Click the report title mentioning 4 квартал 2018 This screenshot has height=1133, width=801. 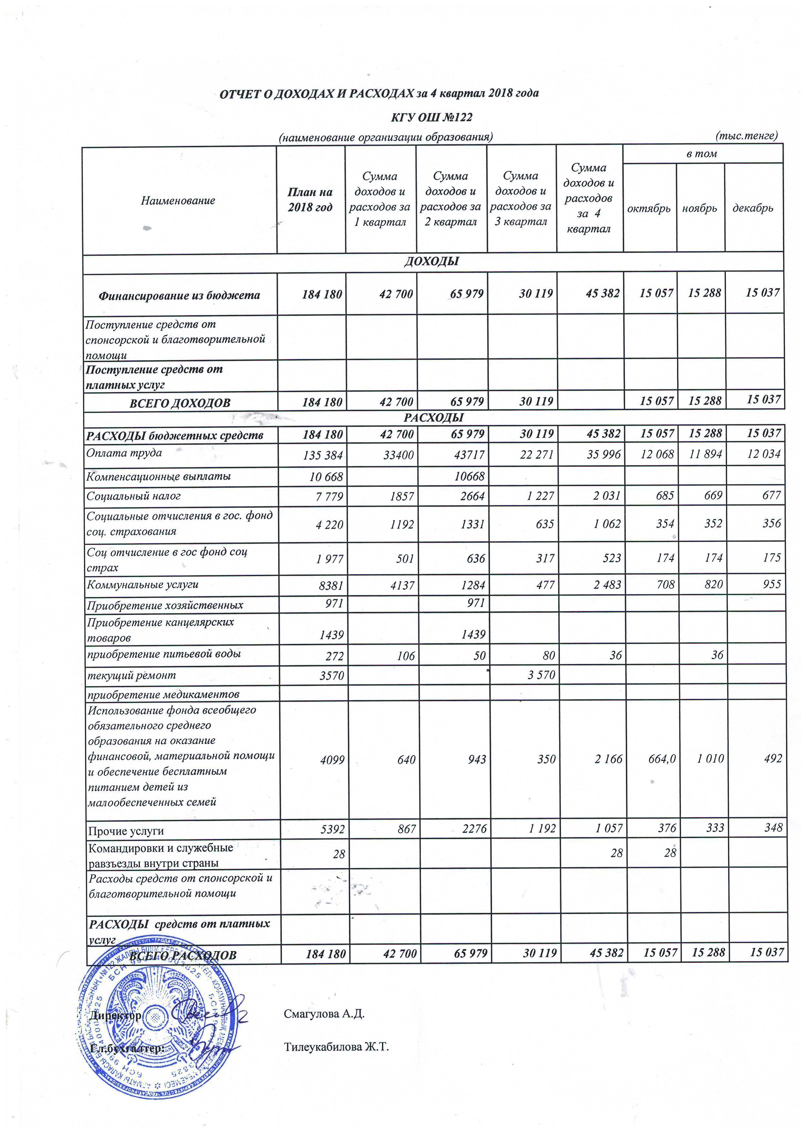click(x=379, y=93)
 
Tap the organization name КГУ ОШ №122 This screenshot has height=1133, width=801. click(x=432, y=118)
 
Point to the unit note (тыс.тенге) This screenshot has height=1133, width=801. click(x=746, y=135)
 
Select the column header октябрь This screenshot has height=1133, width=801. click(x=649, y=208)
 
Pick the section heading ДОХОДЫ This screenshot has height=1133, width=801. click(x=432, y=262)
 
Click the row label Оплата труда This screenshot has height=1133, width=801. click(x=124, y=452)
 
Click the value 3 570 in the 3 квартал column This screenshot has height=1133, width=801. click(x=541, y=675)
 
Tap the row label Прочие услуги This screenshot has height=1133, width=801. click(x=126, y=831)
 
